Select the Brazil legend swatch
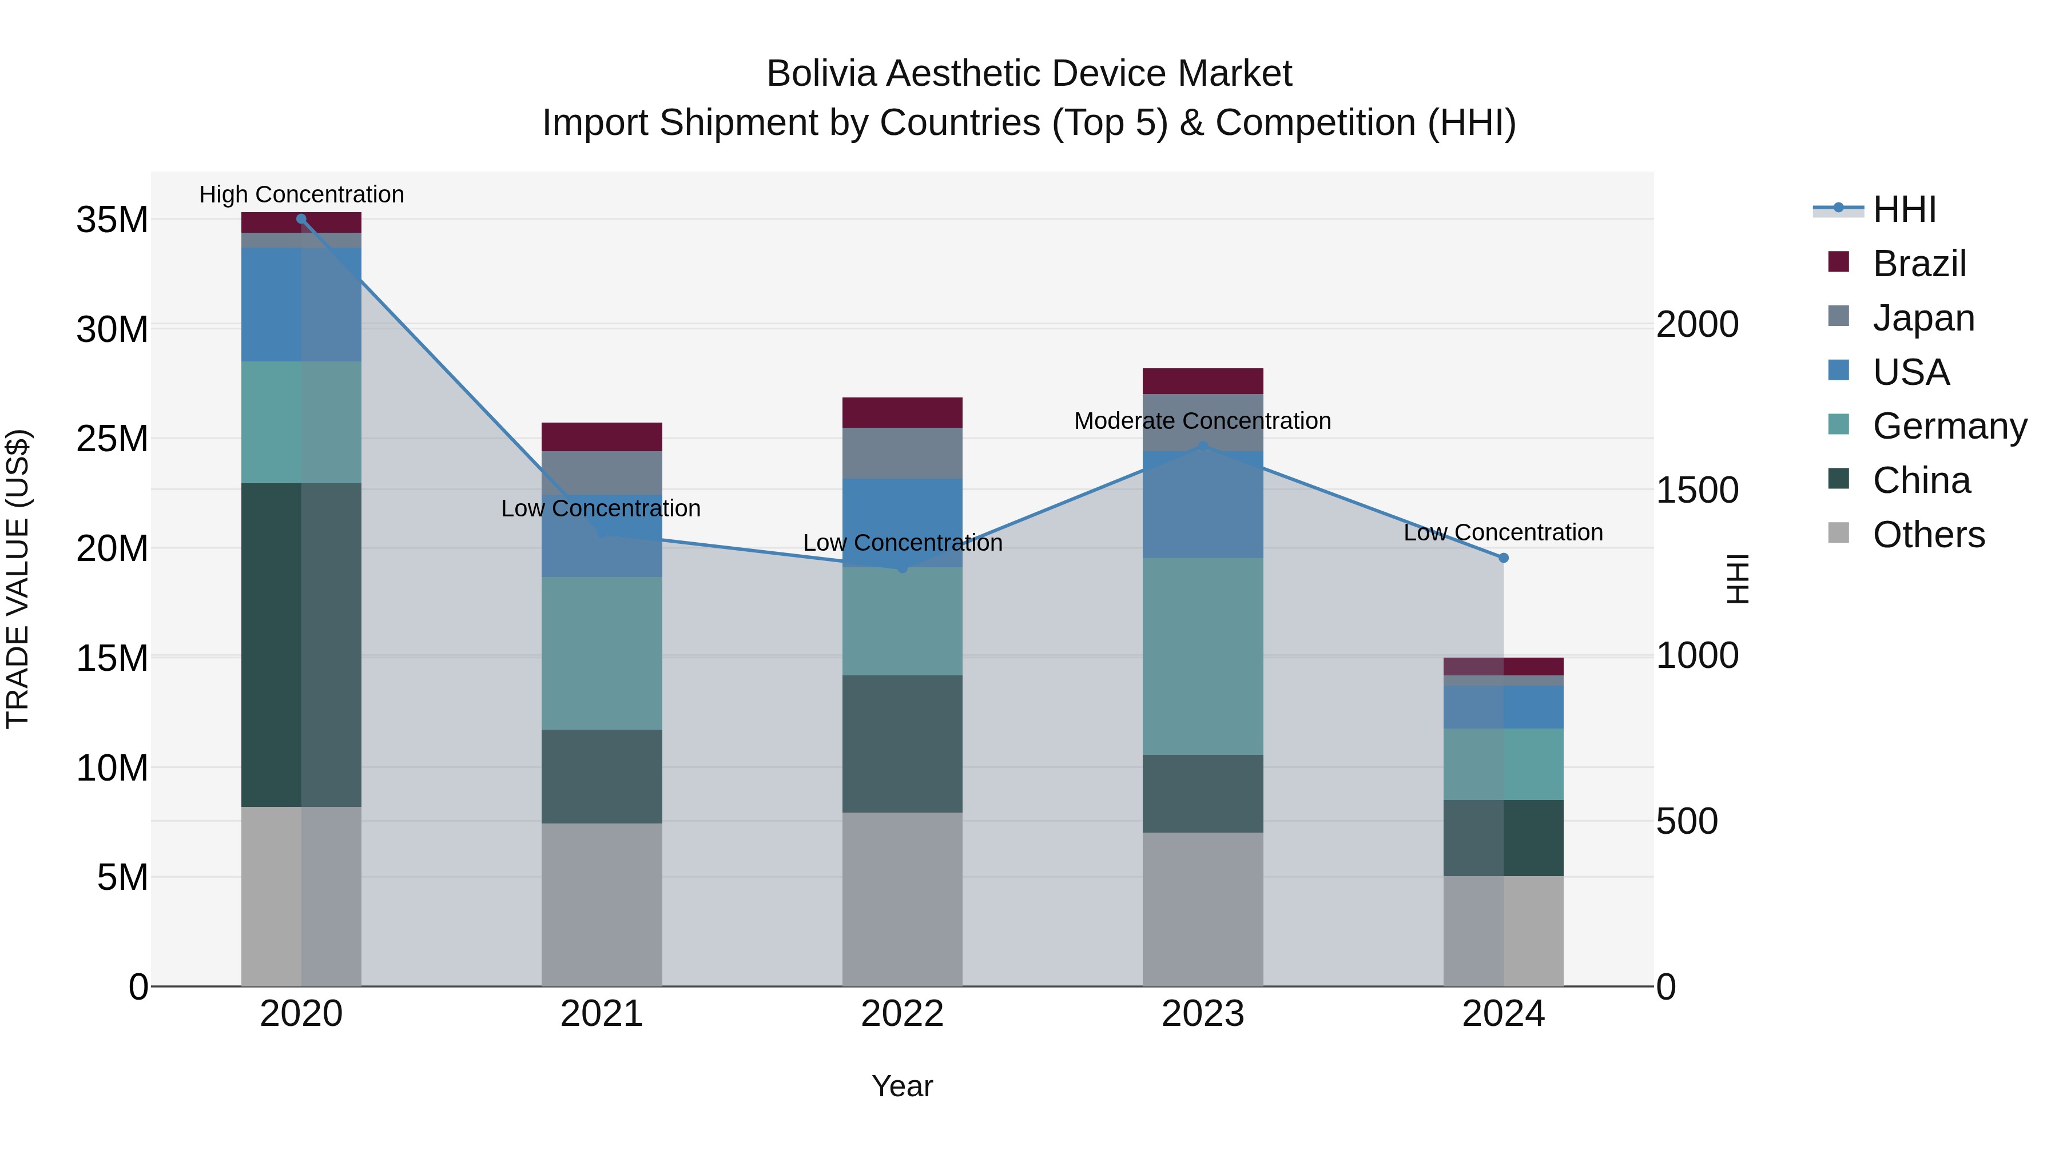coord(1838,262)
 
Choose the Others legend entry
coord(1928,535)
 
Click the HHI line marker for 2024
coord(1504,558)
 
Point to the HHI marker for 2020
coord(301,219)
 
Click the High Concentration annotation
coord(301,194)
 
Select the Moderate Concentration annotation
coord(1202,420)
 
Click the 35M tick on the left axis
coord(112,220)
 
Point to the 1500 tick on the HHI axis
coord(1697,490)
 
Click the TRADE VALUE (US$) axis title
coord(18,579)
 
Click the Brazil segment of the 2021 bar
coord(602,436)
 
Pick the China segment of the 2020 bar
coord(301,644)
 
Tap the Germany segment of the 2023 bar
coord(1202,655)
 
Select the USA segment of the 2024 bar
coord(1504,706)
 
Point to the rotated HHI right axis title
coord(1738,579)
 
